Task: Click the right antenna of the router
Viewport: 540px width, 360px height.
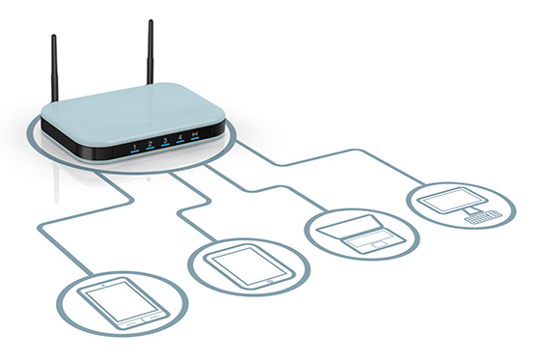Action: point(151,48)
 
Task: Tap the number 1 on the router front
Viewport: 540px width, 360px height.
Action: point(134,144)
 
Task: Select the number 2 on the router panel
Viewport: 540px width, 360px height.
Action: point(150,142)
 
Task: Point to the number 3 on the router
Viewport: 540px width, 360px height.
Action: point(165,140)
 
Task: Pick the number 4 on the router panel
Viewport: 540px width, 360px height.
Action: point(180,137)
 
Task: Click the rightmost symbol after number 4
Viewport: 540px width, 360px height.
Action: point(195,134)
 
